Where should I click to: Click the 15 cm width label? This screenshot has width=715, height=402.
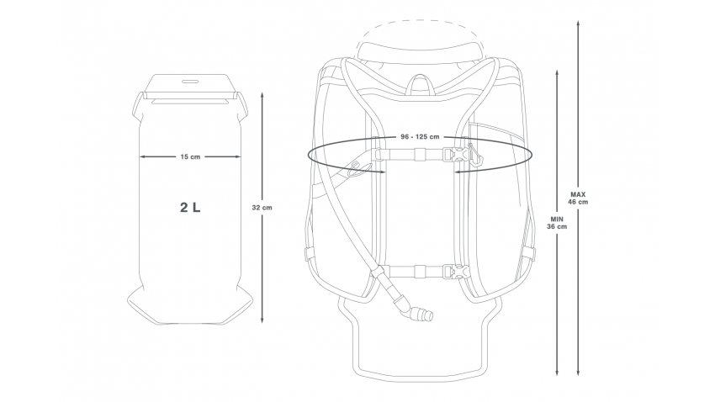tap(190, 156)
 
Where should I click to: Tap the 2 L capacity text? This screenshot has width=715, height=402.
tap(190, 206)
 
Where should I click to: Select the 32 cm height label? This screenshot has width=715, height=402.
tap(262, 207)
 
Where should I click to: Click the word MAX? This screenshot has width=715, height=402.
tap(577, 193)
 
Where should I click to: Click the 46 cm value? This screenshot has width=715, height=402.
tap(577, 202)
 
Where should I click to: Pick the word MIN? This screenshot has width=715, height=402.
tap(556, 218)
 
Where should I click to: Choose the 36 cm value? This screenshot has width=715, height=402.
tap(556, 226)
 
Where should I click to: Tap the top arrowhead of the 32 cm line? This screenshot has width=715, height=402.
tap(262, 95)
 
